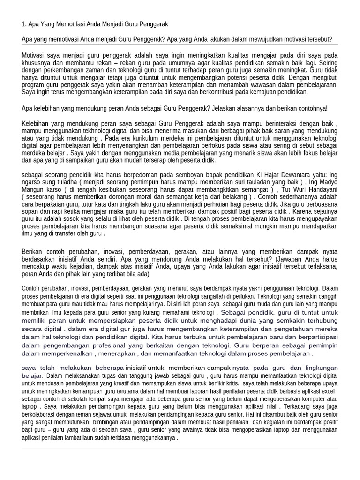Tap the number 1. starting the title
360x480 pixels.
pos(24,24)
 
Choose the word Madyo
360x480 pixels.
pos(327,182)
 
